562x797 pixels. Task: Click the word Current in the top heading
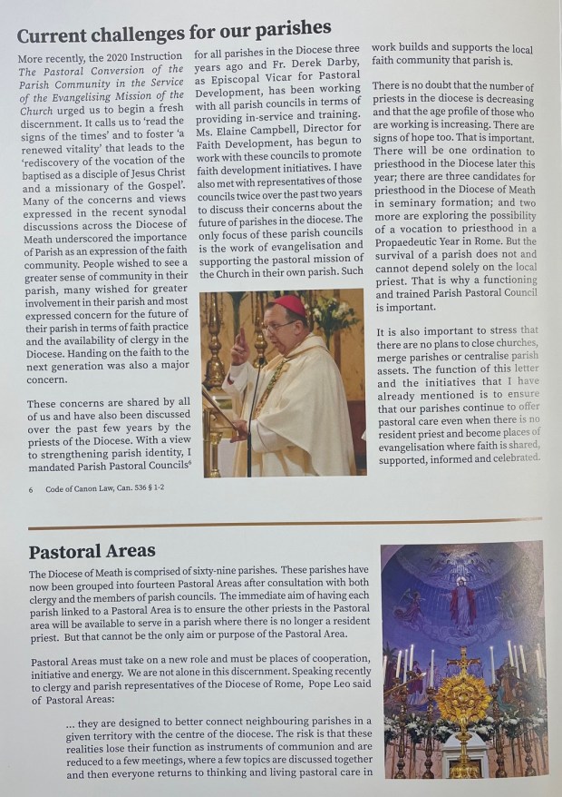click(x=63, y=34)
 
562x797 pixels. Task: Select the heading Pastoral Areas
click(x=92, y=551)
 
